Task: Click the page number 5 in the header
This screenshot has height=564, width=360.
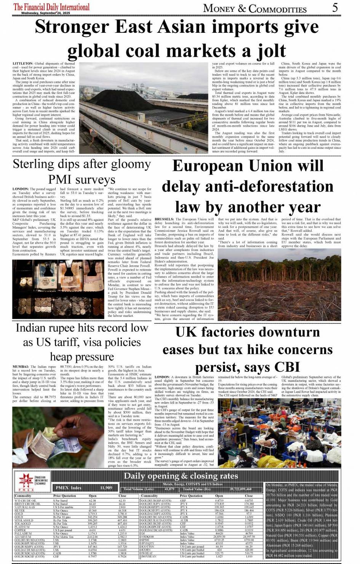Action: [x=335, y=7]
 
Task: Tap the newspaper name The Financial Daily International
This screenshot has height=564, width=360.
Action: [x=51, y=6]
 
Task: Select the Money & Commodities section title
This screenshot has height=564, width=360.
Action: [x=255, y=8]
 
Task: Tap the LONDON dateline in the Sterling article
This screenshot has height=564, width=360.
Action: [x=20, y=189]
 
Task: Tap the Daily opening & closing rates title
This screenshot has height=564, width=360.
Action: [x=181, y=476]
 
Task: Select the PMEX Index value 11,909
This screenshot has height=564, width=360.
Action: [x=106, y=488]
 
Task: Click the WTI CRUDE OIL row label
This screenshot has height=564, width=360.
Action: [x=25, y=500]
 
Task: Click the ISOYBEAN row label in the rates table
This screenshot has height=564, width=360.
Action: [x=149, y=556]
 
